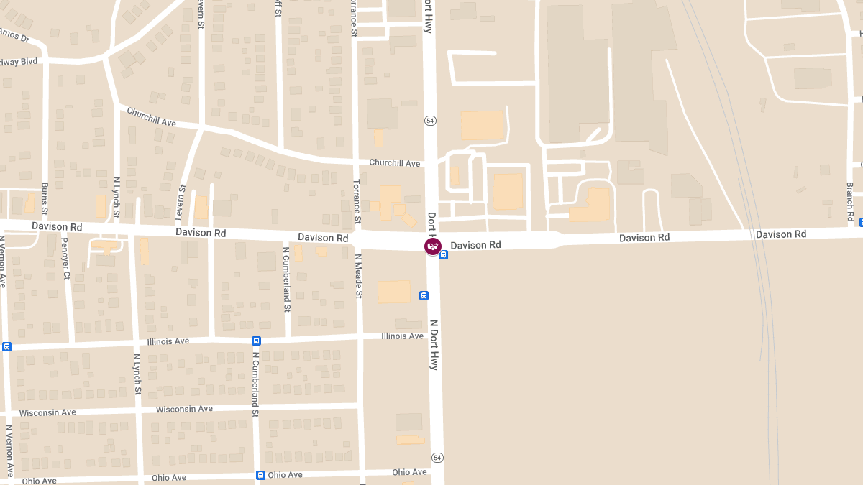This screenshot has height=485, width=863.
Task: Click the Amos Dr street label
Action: (14, 34)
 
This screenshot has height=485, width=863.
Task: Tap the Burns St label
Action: (45, 199)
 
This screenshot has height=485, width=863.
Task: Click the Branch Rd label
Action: (849, 201)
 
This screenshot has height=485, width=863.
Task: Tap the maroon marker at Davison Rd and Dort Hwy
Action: (432, 246)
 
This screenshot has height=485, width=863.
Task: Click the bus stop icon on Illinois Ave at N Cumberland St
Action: (256, 341)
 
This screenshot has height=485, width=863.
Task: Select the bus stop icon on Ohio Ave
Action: (260, 475)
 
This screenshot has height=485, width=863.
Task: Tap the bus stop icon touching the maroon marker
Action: (444, 254)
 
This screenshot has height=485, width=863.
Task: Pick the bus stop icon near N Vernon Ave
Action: (6, 346)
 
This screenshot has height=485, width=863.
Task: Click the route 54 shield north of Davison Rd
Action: (429, 120)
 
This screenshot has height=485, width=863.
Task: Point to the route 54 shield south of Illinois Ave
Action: (437, 458)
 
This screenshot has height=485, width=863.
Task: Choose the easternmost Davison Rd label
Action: (780, 234)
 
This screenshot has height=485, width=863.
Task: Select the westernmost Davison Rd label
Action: (57, 226)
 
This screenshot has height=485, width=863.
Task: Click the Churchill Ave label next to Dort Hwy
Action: (394, 163)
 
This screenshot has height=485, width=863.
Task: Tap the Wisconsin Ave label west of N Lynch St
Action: (47, 413)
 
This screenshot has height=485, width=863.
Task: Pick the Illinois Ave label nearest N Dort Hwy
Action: (402, 336)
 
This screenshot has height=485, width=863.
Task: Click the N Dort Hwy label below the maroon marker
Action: (434, 345)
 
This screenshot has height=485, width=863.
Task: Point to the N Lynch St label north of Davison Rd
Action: (116, 198)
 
